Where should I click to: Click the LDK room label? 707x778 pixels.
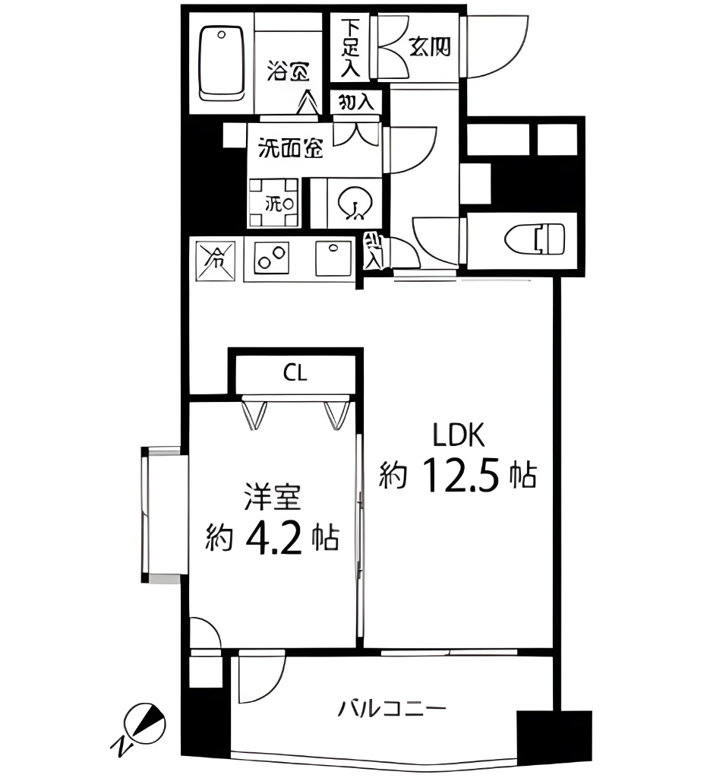point(459,435)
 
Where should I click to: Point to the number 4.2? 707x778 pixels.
point(277,538)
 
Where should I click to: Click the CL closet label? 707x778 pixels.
point(295,373)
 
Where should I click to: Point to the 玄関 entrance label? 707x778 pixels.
point(430,47)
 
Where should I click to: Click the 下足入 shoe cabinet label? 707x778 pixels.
point(349,47)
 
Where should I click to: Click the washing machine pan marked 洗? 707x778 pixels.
point(273,203)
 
